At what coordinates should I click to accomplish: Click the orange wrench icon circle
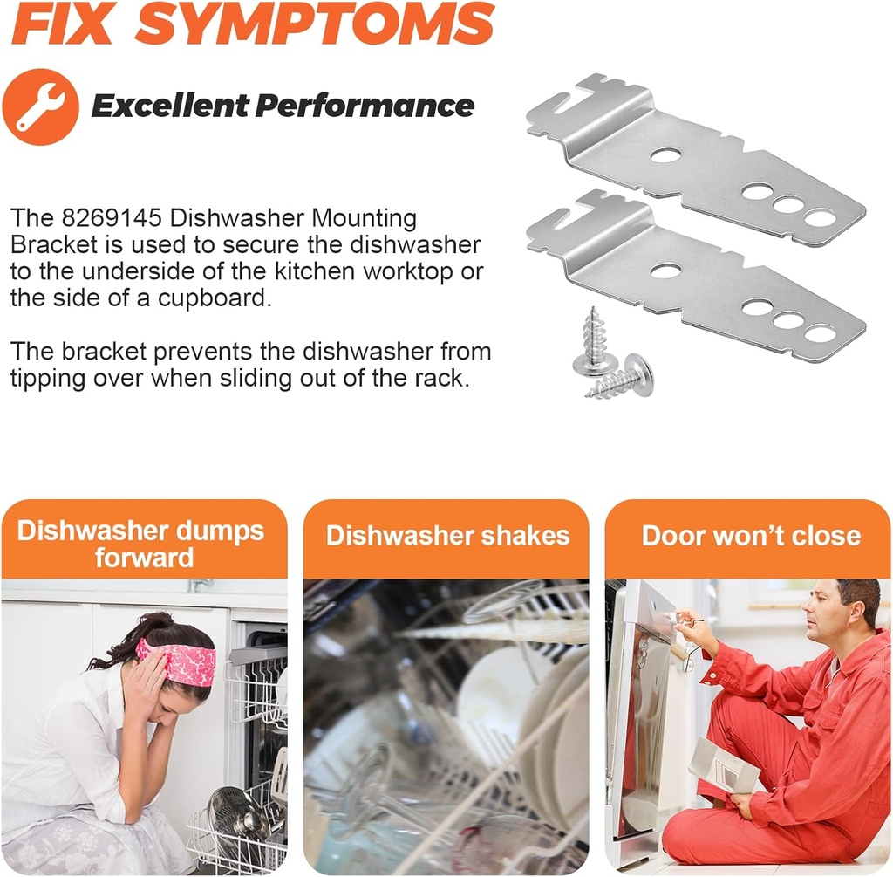click(x=40, y=106)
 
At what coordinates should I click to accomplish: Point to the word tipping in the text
click(x=49, y=379)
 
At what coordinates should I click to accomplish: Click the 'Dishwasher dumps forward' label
click(x=141, y=544)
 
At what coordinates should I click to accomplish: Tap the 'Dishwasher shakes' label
click(x=447, y=536)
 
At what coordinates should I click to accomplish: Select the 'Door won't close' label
click(x=751, y=536)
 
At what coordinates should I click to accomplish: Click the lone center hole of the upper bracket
click(x=666, y=155)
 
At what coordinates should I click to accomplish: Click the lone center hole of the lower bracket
click(x=666, y=271)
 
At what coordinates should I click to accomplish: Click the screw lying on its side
click(x=623, y=377)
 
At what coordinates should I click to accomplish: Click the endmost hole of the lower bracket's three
click(x=820, y=333)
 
